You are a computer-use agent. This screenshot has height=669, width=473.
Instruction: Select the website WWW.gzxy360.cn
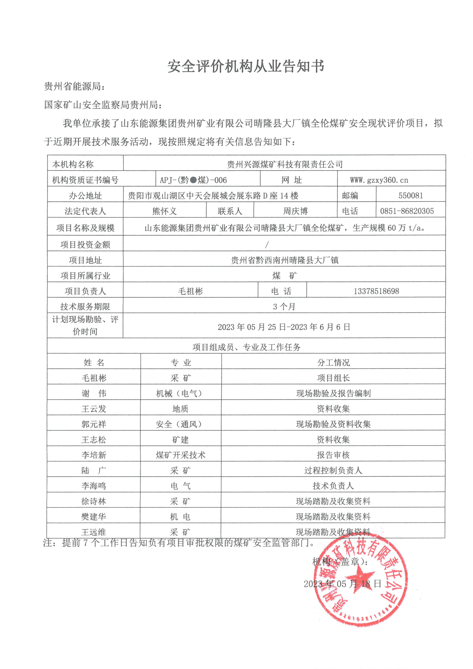click(379, 180)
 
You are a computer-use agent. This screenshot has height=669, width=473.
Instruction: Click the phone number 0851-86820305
click(407, 211)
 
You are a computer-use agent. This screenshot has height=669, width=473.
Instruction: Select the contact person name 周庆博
click(295, 211)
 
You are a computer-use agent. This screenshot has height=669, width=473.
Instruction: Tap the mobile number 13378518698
click(376, 291)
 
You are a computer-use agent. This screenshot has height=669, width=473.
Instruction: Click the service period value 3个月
click(284, 307)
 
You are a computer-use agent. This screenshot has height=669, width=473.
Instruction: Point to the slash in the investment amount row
click(267, 245)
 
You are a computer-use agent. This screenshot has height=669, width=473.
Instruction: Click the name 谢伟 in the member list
click(94, 393)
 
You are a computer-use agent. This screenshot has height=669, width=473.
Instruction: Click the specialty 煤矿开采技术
click(181, 455)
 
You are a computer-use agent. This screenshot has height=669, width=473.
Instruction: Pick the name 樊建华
click(93, 517)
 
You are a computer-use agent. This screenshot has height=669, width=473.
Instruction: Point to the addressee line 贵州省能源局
click(74, 86)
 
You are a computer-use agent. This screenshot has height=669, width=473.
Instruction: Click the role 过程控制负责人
click(333, 470)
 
